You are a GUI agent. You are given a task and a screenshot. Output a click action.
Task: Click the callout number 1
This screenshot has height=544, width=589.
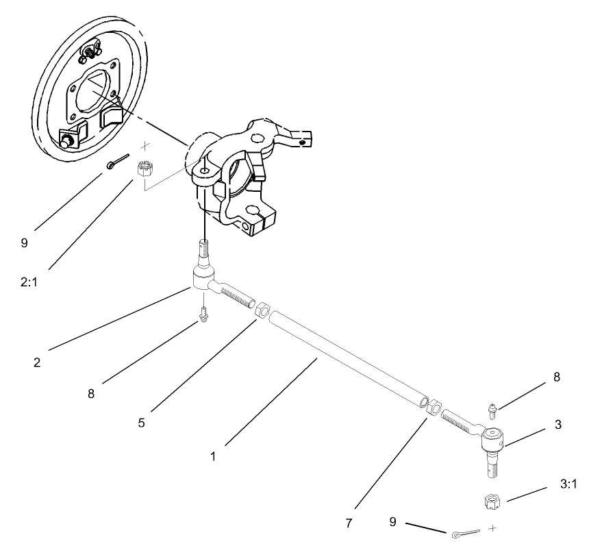click(213, 456)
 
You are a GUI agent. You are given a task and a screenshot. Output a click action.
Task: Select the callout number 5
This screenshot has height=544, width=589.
click(141, 423)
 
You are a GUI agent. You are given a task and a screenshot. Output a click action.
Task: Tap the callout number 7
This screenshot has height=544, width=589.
click(349, 523)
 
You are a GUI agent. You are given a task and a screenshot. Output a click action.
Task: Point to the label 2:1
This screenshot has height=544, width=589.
click(29, 282)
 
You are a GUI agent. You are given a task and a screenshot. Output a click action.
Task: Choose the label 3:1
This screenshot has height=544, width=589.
click(568, 484)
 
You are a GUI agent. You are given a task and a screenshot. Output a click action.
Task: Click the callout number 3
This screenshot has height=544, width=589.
click(557, 425)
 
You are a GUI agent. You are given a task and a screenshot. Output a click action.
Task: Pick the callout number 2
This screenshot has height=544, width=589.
click(37, 362)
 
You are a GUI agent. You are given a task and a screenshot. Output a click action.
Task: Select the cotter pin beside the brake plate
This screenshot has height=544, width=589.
click(118, 161)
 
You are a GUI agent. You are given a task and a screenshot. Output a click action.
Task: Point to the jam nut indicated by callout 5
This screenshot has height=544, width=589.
click(262, 310)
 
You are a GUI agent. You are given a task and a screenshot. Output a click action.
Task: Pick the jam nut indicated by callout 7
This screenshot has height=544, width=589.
click(435, 406)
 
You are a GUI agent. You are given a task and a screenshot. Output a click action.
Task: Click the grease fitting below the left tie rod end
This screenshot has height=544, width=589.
click(203, 315)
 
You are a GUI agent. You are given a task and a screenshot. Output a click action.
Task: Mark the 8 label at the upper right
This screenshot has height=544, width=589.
click(557, 377)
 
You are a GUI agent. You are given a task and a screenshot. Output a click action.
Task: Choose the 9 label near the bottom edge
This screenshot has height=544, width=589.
click(392, 522)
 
